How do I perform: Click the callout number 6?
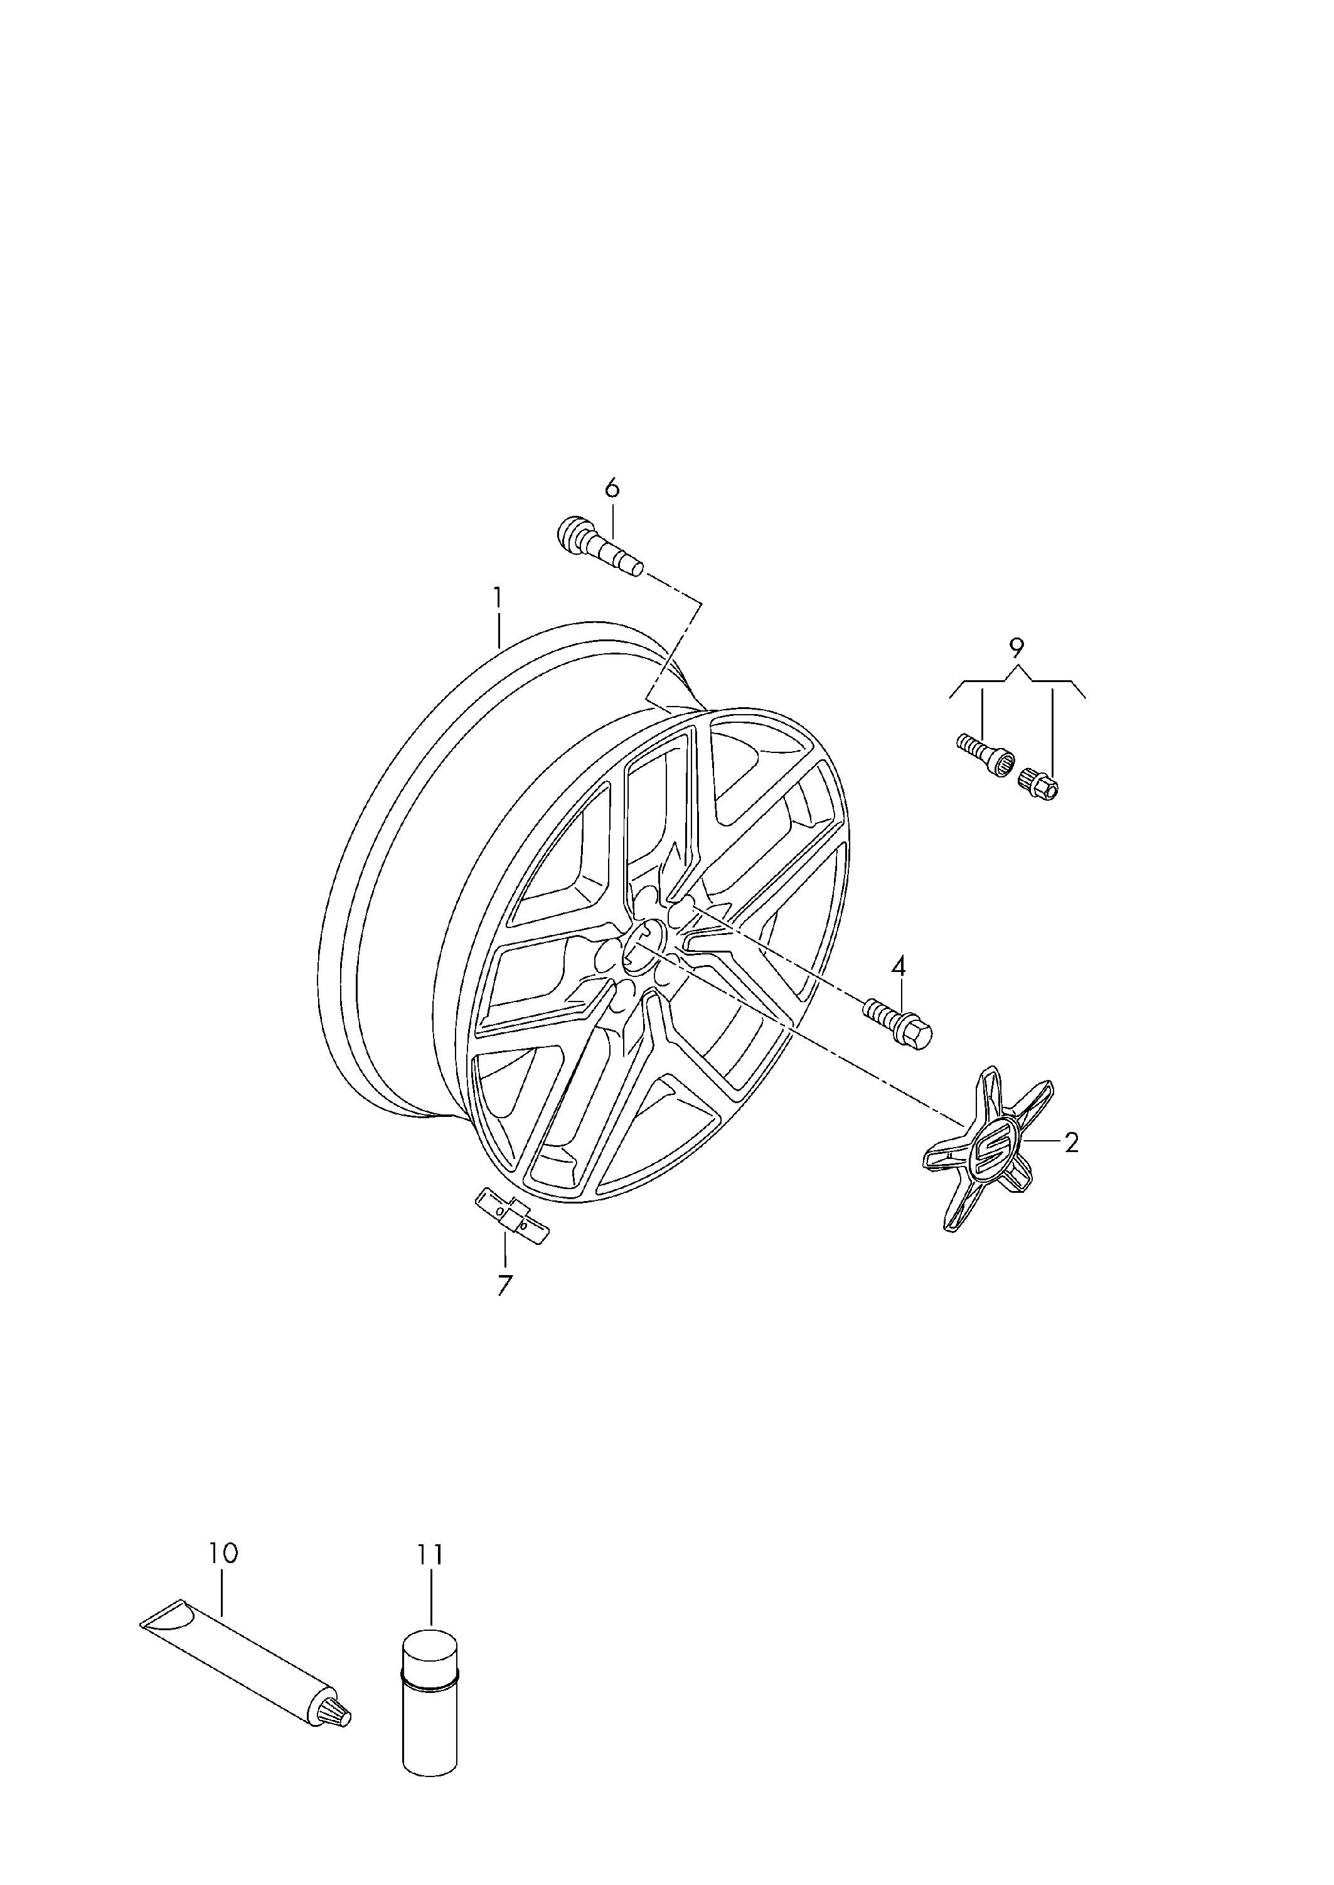click(x=612, y=489)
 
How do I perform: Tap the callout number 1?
click(x=497, y=597)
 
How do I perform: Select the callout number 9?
click(x=1017, y=649)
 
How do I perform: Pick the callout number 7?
click(x=504, y=1284)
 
